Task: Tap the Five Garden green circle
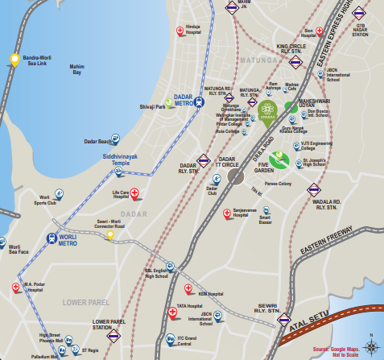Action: click(x=279, y=159)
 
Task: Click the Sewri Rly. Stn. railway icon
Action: click(x=283, y=320)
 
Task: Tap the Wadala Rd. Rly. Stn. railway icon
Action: click(x=314, y=190)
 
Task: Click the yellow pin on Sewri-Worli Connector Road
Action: click(x=109, y=236)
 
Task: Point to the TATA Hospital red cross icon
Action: click(x=171, y=313)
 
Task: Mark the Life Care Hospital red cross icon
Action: click(x=135, y=193)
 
